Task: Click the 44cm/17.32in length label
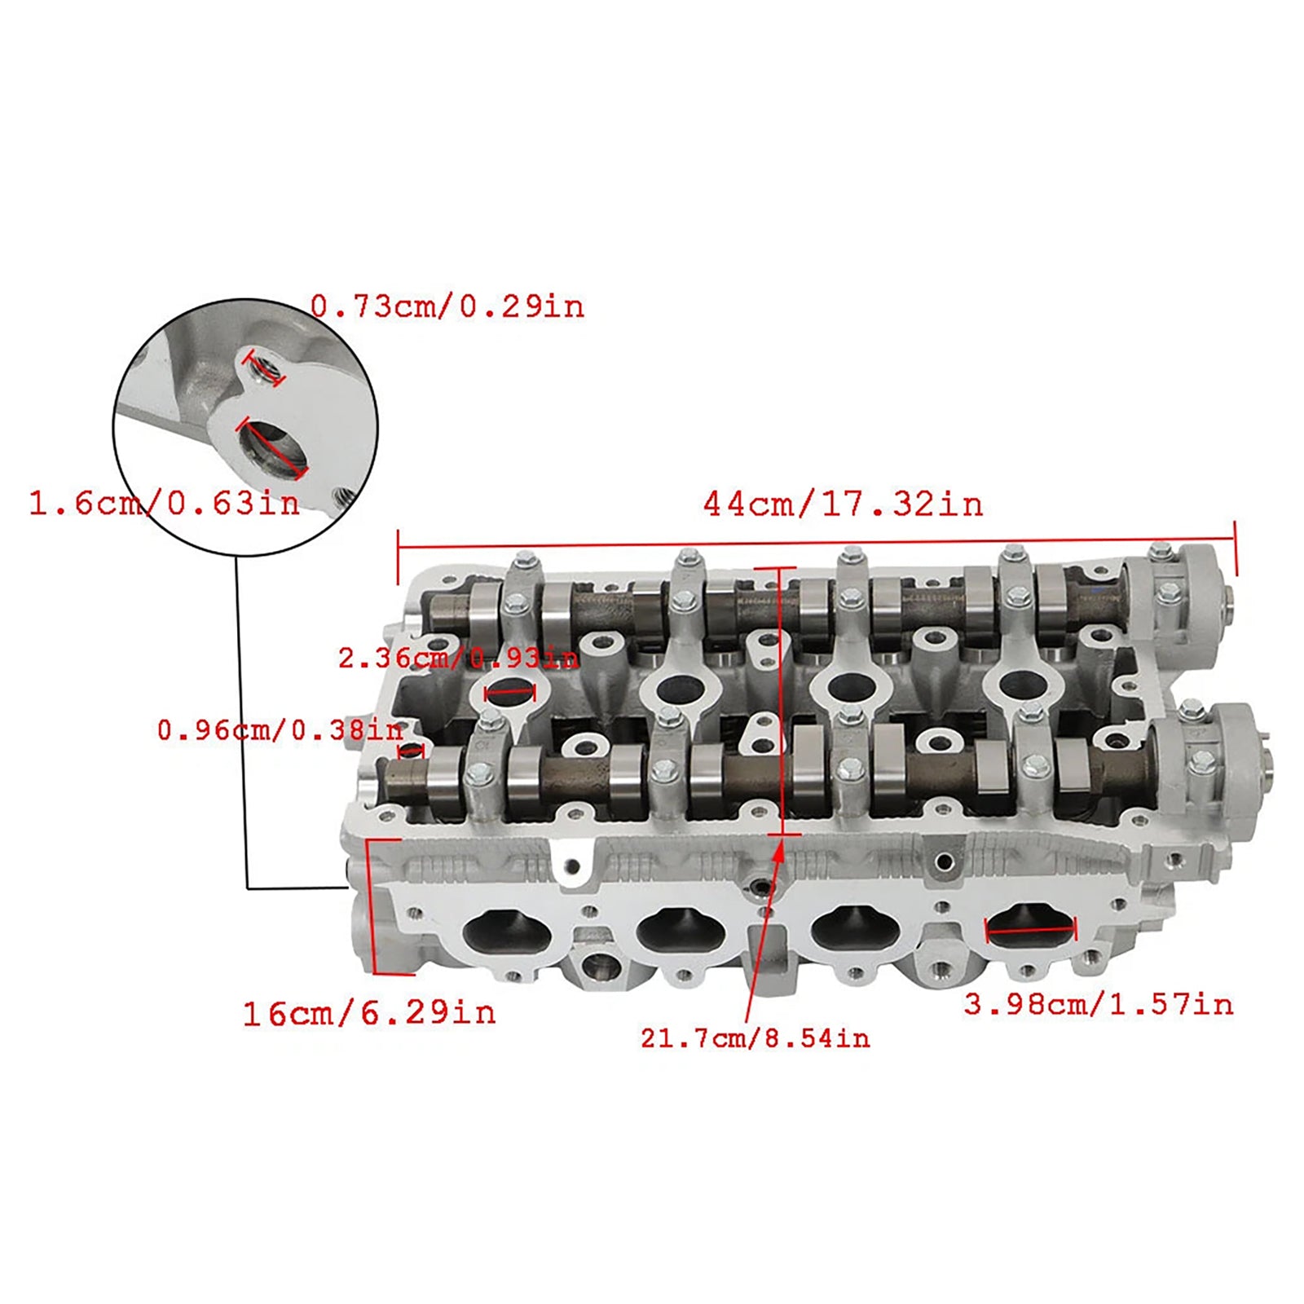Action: click(843, 504)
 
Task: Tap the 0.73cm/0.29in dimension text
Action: click(447, 307)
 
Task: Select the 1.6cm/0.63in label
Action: click(165, 503)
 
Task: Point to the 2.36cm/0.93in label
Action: click(458, 658)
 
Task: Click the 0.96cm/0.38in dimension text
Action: click(280, 730)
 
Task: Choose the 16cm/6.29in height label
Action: click(369, 1013)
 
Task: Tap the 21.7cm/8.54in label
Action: click(755, 1038)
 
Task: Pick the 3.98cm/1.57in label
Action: click(1098, 1004)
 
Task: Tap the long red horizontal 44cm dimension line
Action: click(815, 542)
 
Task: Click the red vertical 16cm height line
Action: click(371, 905)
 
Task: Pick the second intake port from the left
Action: click(681, 929)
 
